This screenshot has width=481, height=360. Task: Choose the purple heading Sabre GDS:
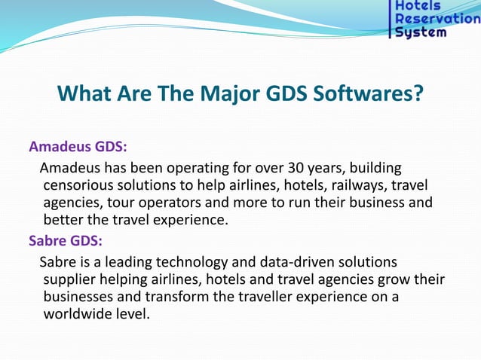65,241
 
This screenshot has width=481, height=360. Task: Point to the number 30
291,166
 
